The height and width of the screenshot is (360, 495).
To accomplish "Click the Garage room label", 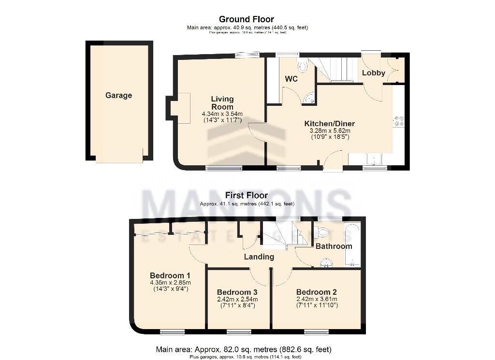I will (118, 96).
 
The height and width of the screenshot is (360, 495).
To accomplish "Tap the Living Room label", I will (222, 103).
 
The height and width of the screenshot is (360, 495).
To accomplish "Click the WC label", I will (291, 79).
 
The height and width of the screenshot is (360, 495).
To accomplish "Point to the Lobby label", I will (374, 73).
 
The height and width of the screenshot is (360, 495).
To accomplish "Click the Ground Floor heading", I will (247, 19).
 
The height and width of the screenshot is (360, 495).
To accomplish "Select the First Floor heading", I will (247, 196).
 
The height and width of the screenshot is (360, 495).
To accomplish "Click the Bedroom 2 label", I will (316, 292).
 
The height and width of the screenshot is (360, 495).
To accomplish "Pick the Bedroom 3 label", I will (237, 292).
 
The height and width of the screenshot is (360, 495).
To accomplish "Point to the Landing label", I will (259, 257).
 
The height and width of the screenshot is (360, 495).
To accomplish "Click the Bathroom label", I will (334, 246).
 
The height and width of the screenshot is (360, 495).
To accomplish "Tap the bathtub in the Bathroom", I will (352, 245).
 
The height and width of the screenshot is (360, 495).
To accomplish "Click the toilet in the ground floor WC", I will (303, 67).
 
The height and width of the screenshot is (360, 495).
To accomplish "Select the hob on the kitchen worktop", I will (399, 121).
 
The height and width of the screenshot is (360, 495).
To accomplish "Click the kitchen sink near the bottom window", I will (374, 159).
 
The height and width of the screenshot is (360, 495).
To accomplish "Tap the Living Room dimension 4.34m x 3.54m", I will (222, 114).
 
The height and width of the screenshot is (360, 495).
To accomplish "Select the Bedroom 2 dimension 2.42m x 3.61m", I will (316, 299).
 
